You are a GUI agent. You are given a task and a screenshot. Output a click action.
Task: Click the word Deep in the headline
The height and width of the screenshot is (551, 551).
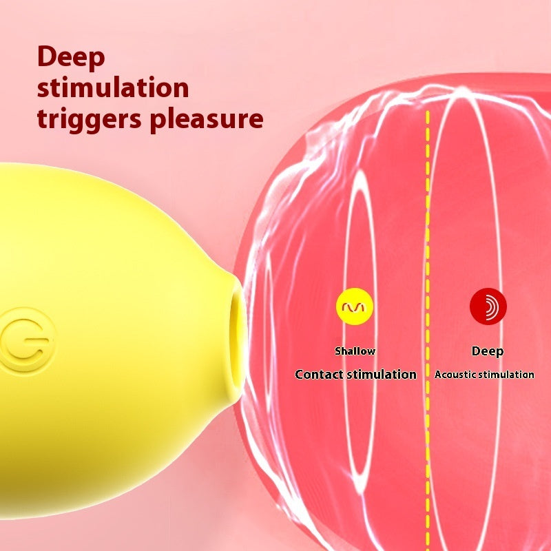coord(71,58)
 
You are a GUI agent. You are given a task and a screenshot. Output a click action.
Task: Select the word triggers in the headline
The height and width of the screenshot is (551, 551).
coord(90,119)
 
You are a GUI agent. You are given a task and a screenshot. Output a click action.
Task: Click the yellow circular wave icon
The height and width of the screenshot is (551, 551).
coord(355,306)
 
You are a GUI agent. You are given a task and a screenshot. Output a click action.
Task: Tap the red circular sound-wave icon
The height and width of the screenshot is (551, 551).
coord(488,306)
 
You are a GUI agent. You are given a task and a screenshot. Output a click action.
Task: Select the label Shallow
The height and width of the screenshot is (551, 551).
coord(355,351)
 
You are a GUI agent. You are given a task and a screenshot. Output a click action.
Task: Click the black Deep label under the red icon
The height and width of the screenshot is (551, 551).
coord(488,351)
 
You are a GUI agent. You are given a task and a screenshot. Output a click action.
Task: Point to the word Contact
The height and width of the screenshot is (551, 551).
coord(319,374)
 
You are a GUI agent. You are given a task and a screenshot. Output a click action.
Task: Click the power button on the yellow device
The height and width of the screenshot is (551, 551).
coord(27,340)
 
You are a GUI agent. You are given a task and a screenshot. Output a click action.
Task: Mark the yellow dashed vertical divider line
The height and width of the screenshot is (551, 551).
coord(428,331)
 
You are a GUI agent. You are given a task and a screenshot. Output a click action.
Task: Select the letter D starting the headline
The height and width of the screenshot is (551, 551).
coord(47,56)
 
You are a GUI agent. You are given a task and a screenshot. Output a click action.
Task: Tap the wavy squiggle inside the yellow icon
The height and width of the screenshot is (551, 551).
coord(355,307)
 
